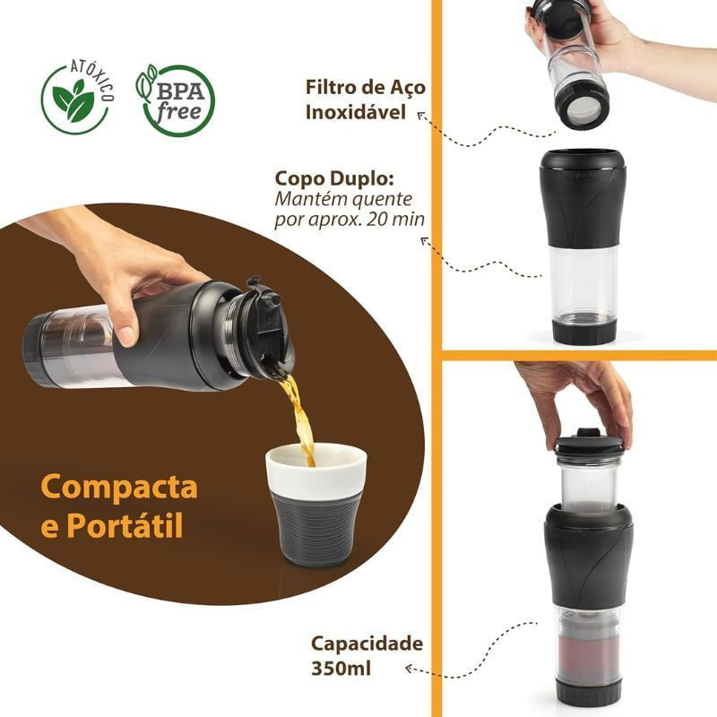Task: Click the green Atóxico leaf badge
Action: tap(76, 99)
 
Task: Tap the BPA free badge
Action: tap(177, 100)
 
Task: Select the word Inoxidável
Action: tap(356, 112)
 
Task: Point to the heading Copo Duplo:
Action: tap(334, 179)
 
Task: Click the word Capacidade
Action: tap(367, 644)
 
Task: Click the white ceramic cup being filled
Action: tap(317, 505)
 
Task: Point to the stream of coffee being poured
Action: tap(299, 416)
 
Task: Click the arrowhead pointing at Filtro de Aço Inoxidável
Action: tap(421, 116)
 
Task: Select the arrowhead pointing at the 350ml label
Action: tap(410, 669)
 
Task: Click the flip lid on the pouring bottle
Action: tap(266, 311)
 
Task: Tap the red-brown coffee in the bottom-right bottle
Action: tap(588, 655)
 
